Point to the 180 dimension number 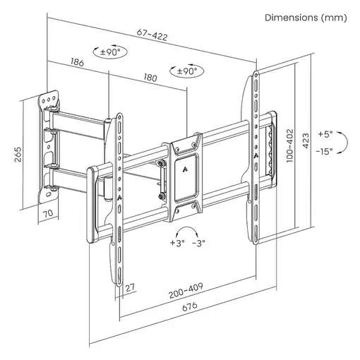(149, 78)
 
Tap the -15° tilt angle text (325, 151)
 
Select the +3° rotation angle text (177, 244)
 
